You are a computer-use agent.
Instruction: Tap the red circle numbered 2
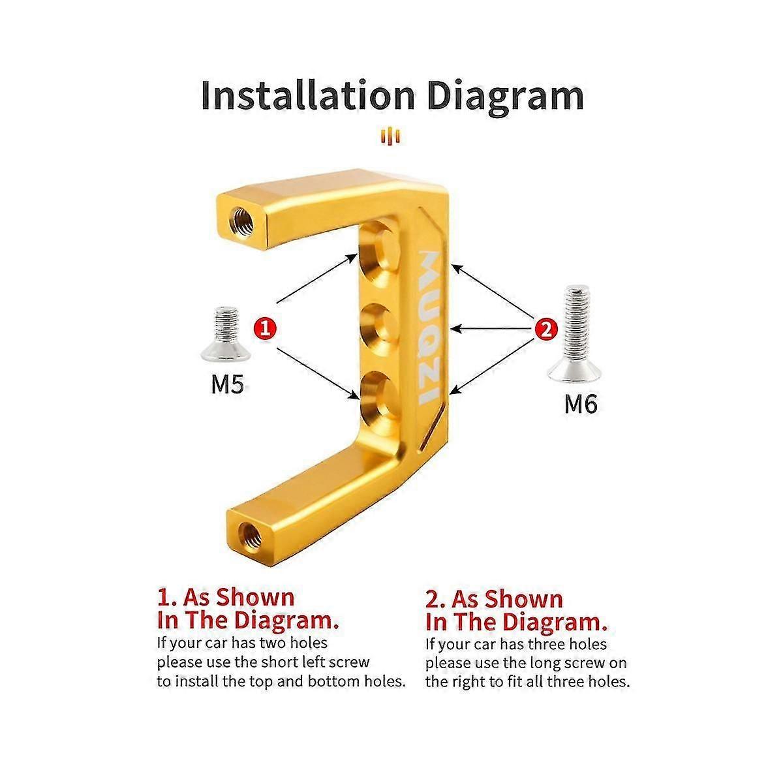(x=547, y=329)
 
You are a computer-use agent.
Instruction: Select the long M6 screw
(x=575, y=333)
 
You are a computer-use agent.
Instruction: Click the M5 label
(x=228, y=384)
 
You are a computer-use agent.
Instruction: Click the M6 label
(x=581, y=404)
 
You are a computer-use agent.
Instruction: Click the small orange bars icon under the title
(x=390, y=136)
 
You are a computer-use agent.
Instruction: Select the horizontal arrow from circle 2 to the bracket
(x=493, y=328)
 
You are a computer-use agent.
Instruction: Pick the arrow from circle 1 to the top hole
(x=316, y=278)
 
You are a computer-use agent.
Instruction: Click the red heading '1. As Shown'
(x=226, y=598)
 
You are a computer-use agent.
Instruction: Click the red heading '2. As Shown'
(x=494, y=599)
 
